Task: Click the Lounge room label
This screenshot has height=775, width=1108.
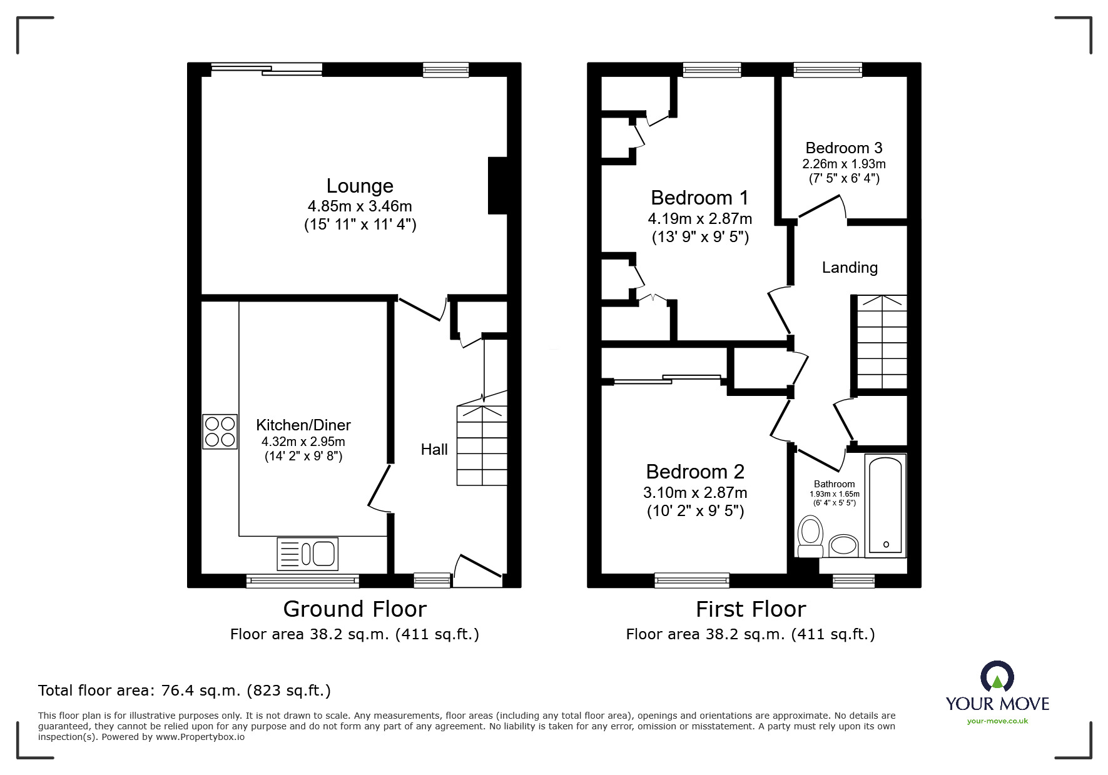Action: coord(360,186)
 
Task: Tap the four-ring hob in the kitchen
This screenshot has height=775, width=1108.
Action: coord(220,432)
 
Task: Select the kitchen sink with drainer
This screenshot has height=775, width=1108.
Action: coord(307,554)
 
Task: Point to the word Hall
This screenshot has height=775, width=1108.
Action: coord(434,449)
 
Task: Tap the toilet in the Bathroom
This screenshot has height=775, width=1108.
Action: coord(811,536)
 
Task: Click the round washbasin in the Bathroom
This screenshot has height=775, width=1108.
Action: coord(843,545)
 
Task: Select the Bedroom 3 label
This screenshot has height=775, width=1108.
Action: coord(844,148)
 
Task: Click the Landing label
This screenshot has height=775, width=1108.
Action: coord(850,268)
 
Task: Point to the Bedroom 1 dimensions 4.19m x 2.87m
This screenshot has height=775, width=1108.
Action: coord(700,219)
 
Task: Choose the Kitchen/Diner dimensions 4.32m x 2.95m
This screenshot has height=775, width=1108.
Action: coord(303,442)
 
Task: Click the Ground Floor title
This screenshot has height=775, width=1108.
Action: coord(355,609)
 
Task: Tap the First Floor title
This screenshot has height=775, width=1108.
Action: coord(751,609)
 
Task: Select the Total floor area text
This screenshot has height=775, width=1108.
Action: coord(185,691)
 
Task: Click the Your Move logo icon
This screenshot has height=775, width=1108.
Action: coord(997,678)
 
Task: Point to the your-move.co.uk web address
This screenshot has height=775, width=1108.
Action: coord(997,721)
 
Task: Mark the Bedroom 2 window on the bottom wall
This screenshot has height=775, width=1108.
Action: coord(692,580)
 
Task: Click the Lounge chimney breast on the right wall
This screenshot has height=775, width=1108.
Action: coord(497,186)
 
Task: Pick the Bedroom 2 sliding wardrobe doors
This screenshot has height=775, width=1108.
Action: coord(668,379)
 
